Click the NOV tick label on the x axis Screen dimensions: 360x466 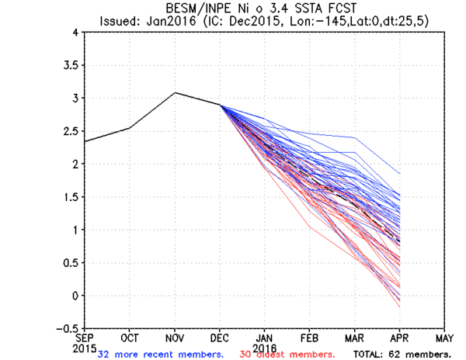pyautogui.click(x=175, y=338)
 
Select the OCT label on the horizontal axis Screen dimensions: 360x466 pyautogui.click(x=130, y=338)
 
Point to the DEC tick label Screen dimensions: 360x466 pyautogui.click(x=220, y=338)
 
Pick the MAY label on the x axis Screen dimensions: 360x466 pyautogui.click(x=445, y=338)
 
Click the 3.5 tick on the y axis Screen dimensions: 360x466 pyautogui.click(x=71, y=65)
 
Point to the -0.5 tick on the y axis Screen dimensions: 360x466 pyautogui.click(x=68, y=328)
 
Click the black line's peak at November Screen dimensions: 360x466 pyautogui.click(x=175, y=92)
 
